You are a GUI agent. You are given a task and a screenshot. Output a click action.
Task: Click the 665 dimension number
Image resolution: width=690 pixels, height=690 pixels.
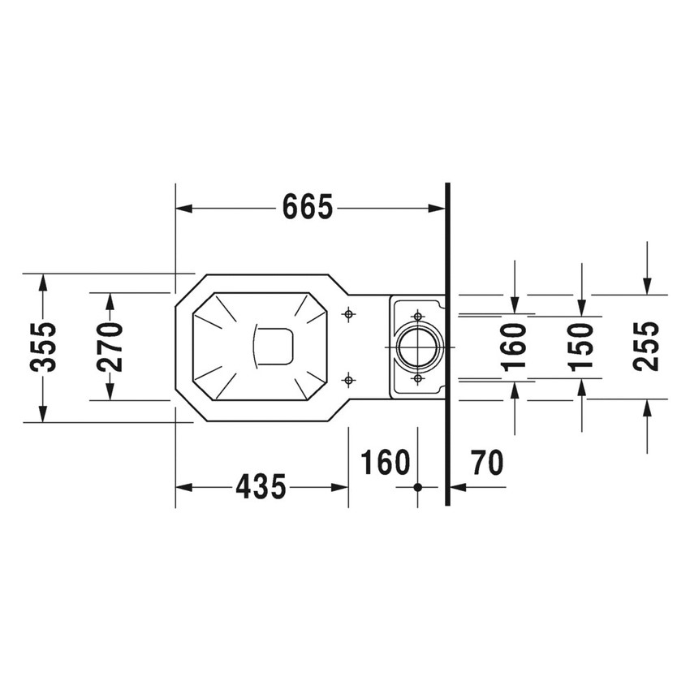click(x=308, y=209)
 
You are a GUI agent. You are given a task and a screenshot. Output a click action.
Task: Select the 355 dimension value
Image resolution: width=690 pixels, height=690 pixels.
click(x=44, y=347)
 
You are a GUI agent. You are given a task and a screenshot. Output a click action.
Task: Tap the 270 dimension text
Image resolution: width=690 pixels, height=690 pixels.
click(x=110, y=347)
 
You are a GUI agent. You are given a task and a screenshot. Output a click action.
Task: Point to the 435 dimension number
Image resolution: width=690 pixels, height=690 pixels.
click(x=261, y=487)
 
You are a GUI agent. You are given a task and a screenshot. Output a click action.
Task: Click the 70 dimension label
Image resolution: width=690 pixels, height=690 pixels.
click(x=487, y=464)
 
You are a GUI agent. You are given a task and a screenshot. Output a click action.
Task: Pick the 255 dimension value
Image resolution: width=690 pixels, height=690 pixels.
click(x=646, y=346)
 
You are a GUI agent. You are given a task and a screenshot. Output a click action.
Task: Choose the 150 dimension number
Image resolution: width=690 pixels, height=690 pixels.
click(x=581, y=347)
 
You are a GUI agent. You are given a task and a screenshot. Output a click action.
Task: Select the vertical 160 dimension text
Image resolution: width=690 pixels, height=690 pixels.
click(x=515, y=347)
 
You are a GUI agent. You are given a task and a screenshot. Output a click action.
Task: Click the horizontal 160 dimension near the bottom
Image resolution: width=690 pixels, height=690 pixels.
click(x=385, y=464)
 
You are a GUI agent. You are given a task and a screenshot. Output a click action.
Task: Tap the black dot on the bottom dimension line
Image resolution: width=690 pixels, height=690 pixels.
click(x=418, y=487)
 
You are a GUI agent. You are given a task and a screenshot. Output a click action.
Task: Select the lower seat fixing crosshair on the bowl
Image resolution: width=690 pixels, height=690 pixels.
click(x=348, y=379)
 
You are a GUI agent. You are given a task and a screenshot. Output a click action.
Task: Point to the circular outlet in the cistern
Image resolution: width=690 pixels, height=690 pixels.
click(x=418, y=347)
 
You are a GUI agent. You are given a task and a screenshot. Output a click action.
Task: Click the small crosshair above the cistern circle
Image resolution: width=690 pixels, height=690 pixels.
click(x=418, y=315)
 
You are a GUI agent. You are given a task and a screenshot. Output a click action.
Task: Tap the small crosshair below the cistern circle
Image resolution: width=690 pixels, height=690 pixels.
click(x=418, y=378)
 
